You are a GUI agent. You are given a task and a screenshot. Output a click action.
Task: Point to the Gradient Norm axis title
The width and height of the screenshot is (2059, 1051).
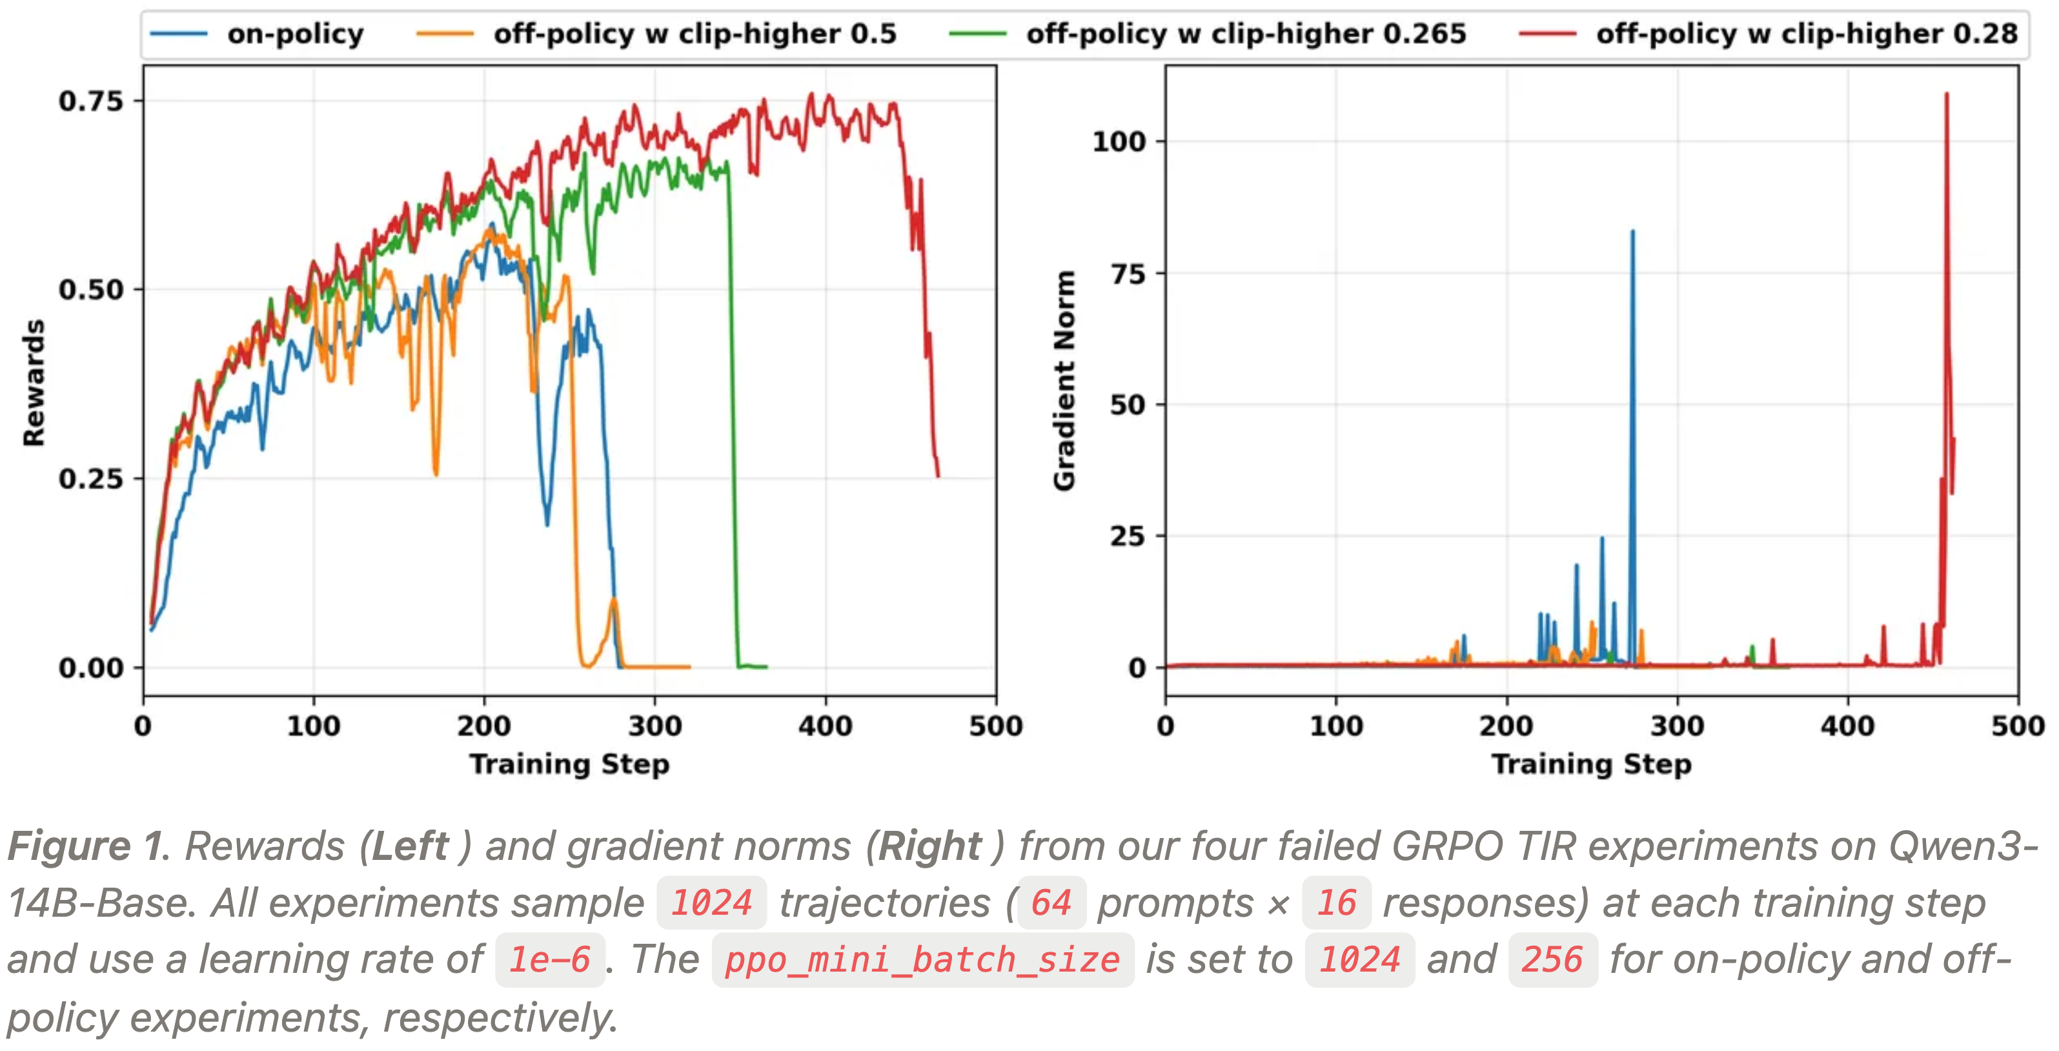point(1064,380)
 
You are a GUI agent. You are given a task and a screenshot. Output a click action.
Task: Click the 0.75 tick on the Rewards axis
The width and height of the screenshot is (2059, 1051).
point(90,101)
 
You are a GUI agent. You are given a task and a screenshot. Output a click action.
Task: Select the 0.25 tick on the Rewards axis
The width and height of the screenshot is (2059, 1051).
point(90,479)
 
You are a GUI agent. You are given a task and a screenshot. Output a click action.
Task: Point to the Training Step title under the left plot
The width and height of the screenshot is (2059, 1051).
point(569,764)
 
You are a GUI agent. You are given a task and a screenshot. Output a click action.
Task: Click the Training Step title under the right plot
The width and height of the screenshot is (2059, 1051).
point(1592,764)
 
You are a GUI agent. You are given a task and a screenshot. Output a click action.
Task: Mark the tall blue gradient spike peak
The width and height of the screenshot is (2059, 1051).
point(1632,232)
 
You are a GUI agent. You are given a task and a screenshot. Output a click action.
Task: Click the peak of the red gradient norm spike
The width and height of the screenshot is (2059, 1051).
point(1946,94)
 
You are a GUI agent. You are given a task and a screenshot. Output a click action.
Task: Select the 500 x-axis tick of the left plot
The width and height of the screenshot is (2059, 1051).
point(996,726)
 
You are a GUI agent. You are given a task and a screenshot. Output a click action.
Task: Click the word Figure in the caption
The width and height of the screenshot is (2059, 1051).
point(68,846)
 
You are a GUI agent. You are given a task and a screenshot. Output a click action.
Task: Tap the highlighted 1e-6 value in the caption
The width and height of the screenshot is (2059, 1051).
point(550,960)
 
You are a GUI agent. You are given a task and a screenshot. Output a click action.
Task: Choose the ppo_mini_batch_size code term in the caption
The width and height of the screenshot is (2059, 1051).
point(922,960)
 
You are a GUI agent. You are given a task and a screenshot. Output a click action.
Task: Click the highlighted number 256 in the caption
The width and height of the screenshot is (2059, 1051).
point(1552,960)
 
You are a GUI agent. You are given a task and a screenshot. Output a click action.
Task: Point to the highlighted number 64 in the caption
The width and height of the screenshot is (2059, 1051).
point(1050,903)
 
